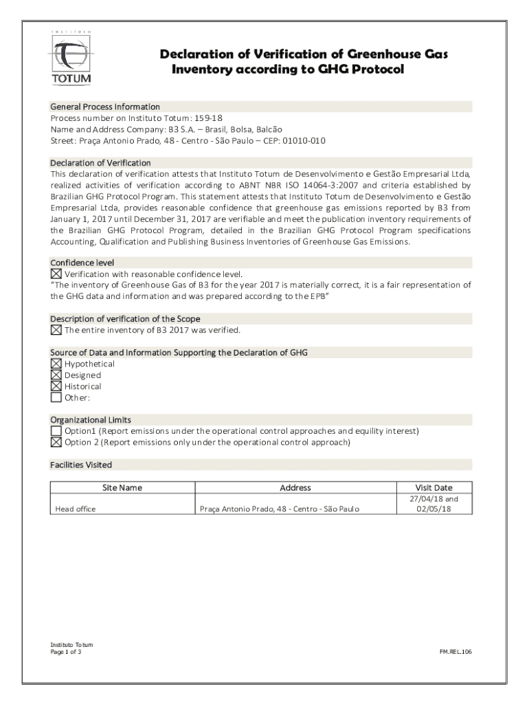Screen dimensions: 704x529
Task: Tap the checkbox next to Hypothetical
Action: click(56, 364)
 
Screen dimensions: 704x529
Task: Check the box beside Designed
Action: click(56, 375)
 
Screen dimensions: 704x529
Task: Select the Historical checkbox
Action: click(56, 386)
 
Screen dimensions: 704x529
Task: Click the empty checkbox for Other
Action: click(56, 397)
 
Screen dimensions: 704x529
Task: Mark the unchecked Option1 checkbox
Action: click(56, 431)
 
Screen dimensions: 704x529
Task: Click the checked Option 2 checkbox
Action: click(56, 442)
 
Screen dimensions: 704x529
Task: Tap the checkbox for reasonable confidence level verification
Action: click(56, 274)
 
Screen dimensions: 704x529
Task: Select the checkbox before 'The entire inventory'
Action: click(56, 330)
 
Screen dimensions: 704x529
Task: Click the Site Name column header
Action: click(122, 487)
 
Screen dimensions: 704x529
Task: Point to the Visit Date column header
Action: click(434, 487)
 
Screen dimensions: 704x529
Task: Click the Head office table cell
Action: click(76, 509)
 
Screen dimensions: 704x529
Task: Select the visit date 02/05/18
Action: click(434, 509)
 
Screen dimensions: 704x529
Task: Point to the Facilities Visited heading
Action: click(81, 465)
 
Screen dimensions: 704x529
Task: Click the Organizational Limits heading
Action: click(91, 419)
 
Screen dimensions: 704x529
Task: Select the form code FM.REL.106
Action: click(456, 651)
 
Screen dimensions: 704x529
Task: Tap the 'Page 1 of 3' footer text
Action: click(66, 652)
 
